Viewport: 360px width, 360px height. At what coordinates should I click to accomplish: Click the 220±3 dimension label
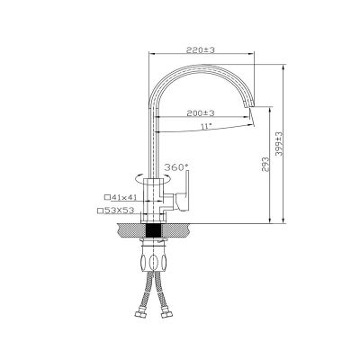click(201, 50)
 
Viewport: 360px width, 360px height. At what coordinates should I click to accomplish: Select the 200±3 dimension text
click(201, 113)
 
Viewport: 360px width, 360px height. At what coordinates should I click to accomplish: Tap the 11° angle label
click(205, 126)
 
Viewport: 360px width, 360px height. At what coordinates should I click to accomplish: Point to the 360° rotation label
click(176, 167)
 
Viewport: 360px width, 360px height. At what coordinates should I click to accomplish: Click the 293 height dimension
click(265, 165)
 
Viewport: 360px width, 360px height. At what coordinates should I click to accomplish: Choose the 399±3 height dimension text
click(279, 144)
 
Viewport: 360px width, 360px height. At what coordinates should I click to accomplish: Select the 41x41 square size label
click(124, 197)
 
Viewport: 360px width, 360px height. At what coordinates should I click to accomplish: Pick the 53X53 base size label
click(119, 211)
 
